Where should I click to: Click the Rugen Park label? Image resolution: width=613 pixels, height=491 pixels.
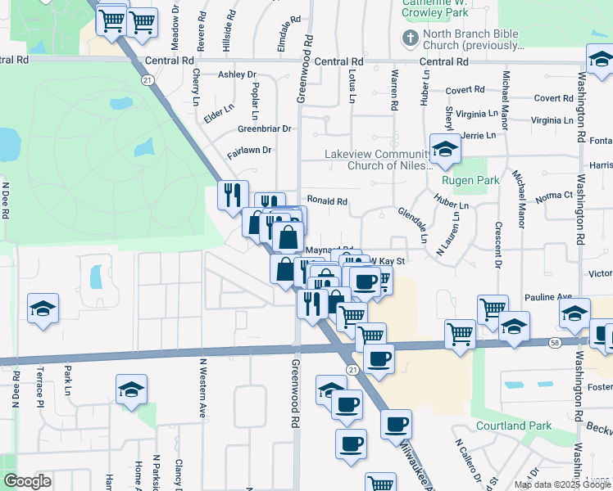click(464, 180)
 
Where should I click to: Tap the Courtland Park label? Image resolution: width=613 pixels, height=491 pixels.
click(514, 426)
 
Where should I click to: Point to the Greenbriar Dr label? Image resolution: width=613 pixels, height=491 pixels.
click(265, 128)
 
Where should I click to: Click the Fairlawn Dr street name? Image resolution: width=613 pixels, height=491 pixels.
click(249, 150)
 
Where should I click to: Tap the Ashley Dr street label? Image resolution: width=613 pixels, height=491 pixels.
click(237, 74)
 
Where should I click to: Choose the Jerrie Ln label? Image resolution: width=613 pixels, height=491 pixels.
click(479, 135)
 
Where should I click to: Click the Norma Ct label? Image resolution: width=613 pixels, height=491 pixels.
click(553, 196)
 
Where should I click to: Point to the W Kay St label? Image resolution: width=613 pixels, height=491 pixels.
click(388, 261)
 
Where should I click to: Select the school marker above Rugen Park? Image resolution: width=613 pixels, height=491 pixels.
click(445, 148)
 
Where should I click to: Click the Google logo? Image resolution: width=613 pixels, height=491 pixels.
click(27, 481)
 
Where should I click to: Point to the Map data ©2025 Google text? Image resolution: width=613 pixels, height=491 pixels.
click(561, 484)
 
